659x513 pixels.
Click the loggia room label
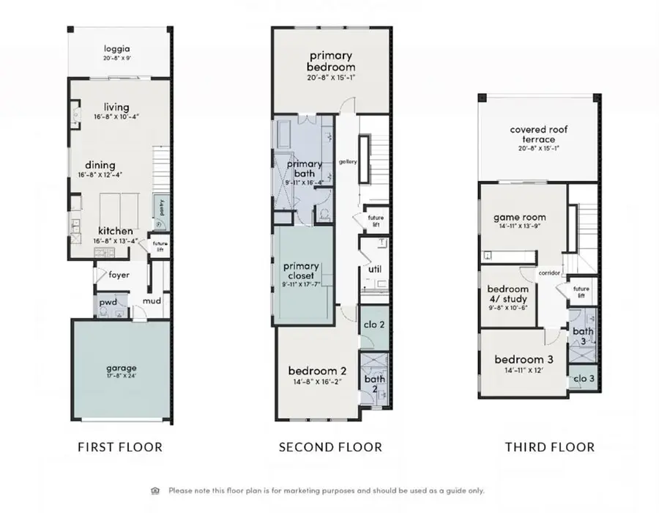(120, 48)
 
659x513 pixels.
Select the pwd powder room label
(108, 301)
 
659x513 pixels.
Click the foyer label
(119, 276)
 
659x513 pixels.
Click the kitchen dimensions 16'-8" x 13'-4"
(116, 240)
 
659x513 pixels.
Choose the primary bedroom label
(331, 62)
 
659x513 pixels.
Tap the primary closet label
(301, 271)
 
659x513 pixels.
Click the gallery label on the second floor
(348, 162)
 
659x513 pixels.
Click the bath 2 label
(374, 384)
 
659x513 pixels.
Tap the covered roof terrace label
(539, 135)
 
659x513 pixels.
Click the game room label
(520, 217)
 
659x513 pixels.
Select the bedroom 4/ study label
(507, 294)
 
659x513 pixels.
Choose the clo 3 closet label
(584, 379)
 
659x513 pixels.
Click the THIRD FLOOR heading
(550, 447)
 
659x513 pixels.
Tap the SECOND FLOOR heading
(330, 447)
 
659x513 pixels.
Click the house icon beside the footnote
(155, 490)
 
